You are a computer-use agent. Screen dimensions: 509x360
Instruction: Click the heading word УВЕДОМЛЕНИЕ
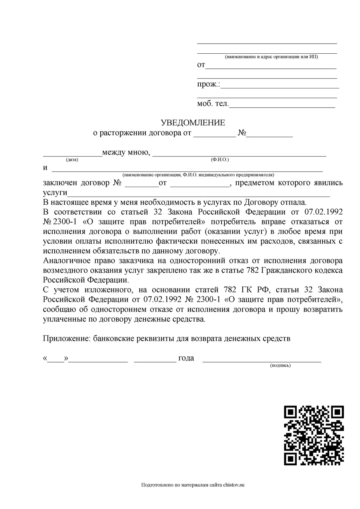[x=193, y=123]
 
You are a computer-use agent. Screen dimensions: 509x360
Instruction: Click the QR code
[x=314, y=435]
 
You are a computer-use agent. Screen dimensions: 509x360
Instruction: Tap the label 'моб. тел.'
[x=213, y=104]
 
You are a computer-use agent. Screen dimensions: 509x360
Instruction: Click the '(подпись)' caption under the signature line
[x=280, y=365]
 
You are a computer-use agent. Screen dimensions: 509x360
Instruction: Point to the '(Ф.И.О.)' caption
[x=220, y=160]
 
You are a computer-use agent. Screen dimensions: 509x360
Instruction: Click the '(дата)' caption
[x=72, y=160]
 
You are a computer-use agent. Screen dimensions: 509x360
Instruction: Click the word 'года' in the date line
[x=186, y=358]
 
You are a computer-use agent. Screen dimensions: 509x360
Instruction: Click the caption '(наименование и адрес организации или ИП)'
[x=271, y=57]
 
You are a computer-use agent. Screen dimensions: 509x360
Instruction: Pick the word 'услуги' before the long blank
[x=55, y=193]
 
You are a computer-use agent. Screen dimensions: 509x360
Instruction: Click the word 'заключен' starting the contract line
[x=60, y=183]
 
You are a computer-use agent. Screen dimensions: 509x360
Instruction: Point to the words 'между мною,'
[x=126, y=152]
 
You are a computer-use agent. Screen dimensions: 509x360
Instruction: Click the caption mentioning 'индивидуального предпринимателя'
[x=198, y=175]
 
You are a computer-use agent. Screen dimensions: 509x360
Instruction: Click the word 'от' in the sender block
[x=201, y=65]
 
